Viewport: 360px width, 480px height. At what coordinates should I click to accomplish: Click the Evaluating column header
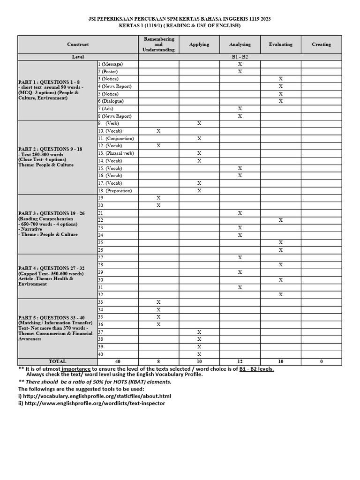pyautogui.click(x=280, y=45)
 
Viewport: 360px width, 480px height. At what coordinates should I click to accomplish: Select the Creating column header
pyautogui.click(x=321, y=45)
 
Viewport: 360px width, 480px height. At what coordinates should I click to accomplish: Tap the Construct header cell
pyautogui.click(x=78, y=45)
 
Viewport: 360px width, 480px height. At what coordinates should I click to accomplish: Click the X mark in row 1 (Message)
pyautogui.click(x=240, y=64)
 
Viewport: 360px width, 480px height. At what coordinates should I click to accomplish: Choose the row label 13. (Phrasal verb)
pyautogui.click(x=116, y=153)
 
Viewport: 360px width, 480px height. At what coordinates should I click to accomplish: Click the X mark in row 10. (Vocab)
pyautogui.click(x=158, y=131)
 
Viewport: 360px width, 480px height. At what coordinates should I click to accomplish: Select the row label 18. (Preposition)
pyautogui.click(x=115, y=191)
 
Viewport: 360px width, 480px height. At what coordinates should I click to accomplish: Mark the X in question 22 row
pyautogui.click(x=280, y=220)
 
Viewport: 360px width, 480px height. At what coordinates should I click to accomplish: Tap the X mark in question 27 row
pyautogui.click(x=240, y=257)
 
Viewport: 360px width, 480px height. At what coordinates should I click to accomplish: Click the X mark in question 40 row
pyautogui.click(x=199, y=354)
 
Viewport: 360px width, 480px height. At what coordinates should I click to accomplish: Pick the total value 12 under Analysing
pyautogui.click(x=240, y=361)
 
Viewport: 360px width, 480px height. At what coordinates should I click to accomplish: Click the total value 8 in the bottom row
pyautogui.click(x=158, y=361)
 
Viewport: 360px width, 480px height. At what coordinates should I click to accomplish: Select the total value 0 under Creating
pyautogui.click(x=321, y=361)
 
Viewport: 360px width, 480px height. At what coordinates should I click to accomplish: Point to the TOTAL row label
pyautogui.click(x=58, y=361)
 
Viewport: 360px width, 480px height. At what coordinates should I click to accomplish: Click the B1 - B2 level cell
pyautogui.click(x=240, y=56)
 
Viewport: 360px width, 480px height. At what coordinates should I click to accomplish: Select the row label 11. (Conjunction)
pyautogui.click(x=116, y=138)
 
